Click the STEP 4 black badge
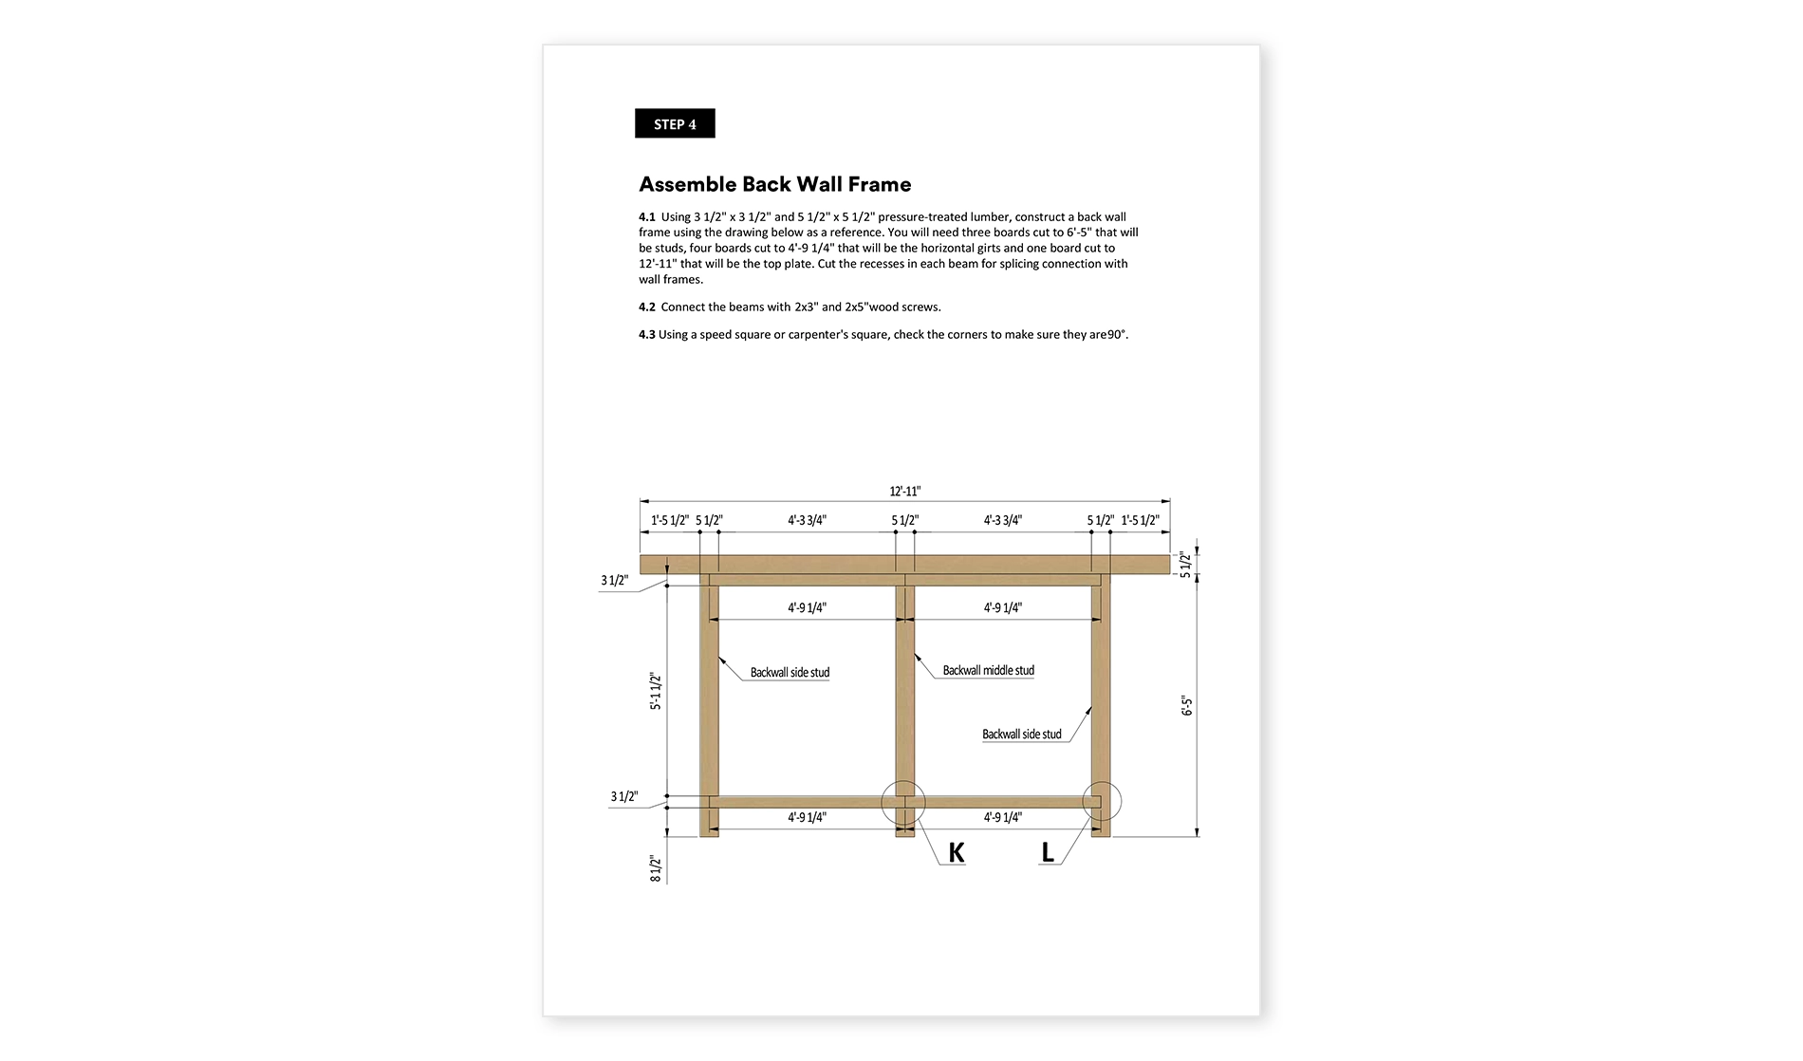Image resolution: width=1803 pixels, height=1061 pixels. coord(675,124)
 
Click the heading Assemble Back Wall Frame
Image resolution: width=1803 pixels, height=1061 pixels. coord(774,184)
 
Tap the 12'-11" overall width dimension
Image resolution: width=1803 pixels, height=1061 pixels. coord(904,492)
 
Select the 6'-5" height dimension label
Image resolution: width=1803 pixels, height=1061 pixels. coord(1187,706)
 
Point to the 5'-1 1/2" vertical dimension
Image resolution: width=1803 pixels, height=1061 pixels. coord(655,691)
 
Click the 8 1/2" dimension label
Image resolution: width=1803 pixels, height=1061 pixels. coord(655,868)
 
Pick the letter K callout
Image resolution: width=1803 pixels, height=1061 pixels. coord(957,852)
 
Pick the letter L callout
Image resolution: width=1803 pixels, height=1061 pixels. coord(1048,852)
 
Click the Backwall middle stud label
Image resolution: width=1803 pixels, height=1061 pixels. coord(988,670)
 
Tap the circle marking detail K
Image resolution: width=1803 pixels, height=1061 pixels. coord(903,803)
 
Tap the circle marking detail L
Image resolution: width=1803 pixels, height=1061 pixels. coord(1102,802)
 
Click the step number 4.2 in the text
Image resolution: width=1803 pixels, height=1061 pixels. coord(647,307)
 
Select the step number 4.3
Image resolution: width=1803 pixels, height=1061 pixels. coord(647,334)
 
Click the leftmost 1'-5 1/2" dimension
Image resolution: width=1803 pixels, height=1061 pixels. coord(670,520)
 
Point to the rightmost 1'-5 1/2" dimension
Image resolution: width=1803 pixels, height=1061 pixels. coord(1140,520)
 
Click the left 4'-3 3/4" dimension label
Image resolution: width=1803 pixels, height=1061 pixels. coord(807,520)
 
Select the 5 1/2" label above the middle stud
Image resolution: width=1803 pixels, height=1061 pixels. coord(904,520)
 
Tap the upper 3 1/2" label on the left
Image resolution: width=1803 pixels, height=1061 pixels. coord(614,580)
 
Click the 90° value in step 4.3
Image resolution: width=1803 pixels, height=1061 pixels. coord(1117,334)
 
